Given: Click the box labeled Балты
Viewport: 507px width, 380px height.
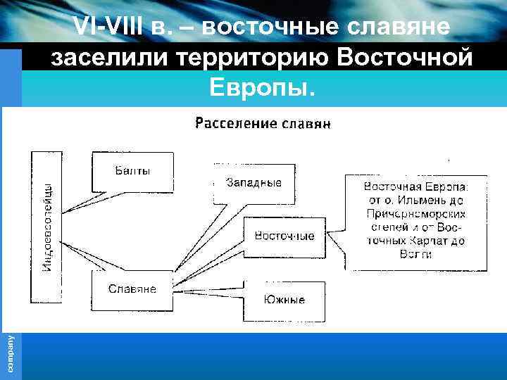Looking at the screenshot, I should tap(132, 171).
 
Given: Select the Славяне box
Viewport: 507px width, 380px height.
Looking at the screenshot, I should tap(132, 289).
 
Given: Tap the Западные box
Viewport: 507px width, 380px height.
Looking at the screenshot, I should tap(254, 183).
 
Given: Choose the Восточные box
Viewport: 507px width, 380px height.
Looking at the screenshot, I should tap(284, 236).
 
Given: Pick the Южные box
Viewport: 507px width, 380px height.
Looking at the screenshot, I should tap(284, 300).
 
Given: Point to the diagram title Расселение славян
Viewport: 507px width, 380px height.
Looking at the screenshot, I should tap(263, 124).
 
